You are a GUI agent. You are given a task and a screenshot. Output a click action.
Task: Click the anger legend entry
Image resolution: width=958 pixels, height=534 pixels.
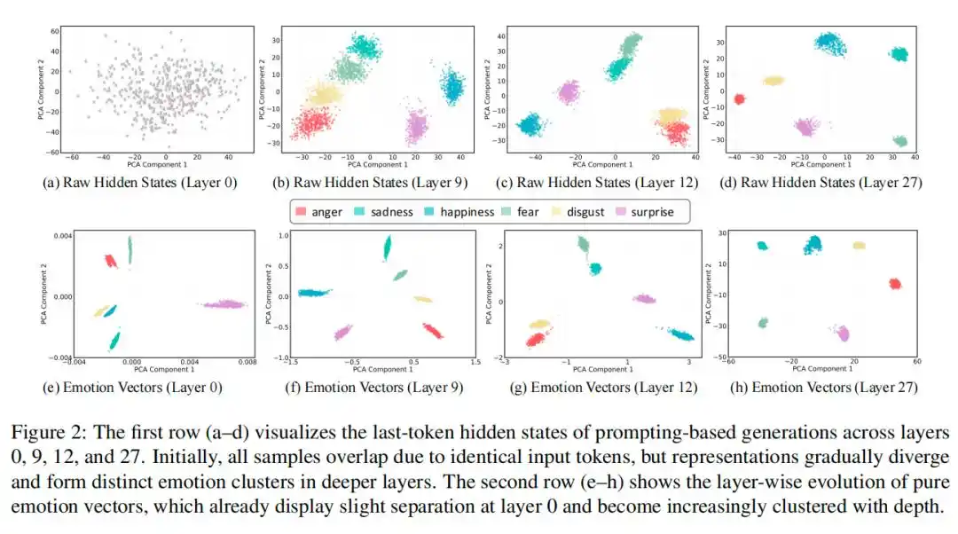320,212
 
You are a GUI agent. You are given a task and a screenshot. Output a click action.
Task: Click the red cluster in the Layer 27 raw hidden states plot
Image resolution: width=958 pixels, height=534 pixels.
739,99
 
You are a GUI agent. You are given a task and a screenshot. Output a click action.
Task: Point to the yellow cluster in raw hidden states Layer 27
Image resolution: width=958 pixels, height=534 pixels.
773,81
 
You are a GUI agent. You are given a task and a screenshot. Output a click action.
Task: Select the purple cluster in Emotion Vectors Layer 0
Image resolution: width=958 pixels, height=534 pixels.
224,304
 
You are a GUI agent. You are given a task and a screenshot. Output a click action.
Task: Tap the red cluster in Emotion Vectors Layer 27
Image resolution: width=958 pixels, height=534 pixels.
894,284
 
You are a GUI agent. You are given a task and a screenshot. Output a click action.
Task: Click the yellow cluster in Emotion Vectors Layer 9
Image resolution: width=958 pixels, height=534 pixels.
422,299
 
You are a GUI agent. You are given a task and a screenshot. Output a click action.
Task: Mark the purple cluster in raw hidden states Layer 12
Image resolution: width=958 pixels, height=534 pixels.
568,91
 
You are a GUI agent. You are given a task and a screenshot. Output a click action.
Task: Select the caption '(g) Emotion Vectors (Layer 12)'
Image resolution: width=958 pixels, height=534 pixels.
602,387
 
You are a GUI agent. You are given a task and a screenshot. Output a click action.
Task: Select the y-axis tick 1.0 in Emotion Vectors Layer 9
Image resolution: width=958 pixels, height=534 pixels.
286,236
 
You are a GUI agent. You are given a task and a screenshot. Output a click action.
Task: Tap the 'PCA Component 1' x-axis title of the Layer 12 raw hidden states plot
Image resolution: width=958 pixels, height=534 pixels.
601,164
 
